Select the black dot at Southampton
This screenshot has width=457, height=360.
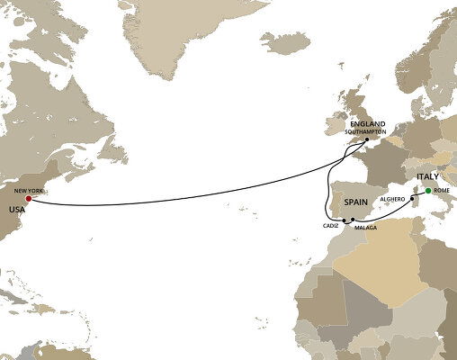point(367,140)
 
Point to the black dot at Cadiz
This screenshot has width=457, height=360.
point(345,220)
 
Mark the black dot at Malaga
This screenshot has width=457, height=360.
point(353,220)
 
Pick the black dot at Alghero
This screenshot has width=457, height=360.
point(412,198)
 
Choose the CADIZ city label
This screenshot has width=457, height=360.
point(330,226)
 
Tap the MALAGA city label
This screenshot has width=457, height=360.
point(365,228)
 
